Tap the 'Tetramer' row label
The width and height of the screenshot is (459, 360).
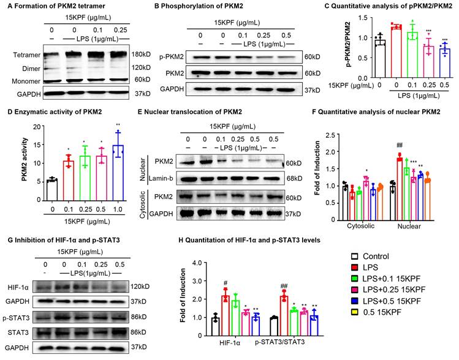[18, 54]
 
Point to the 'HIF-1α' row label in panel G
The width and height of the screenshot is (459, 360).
[17, 287]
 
